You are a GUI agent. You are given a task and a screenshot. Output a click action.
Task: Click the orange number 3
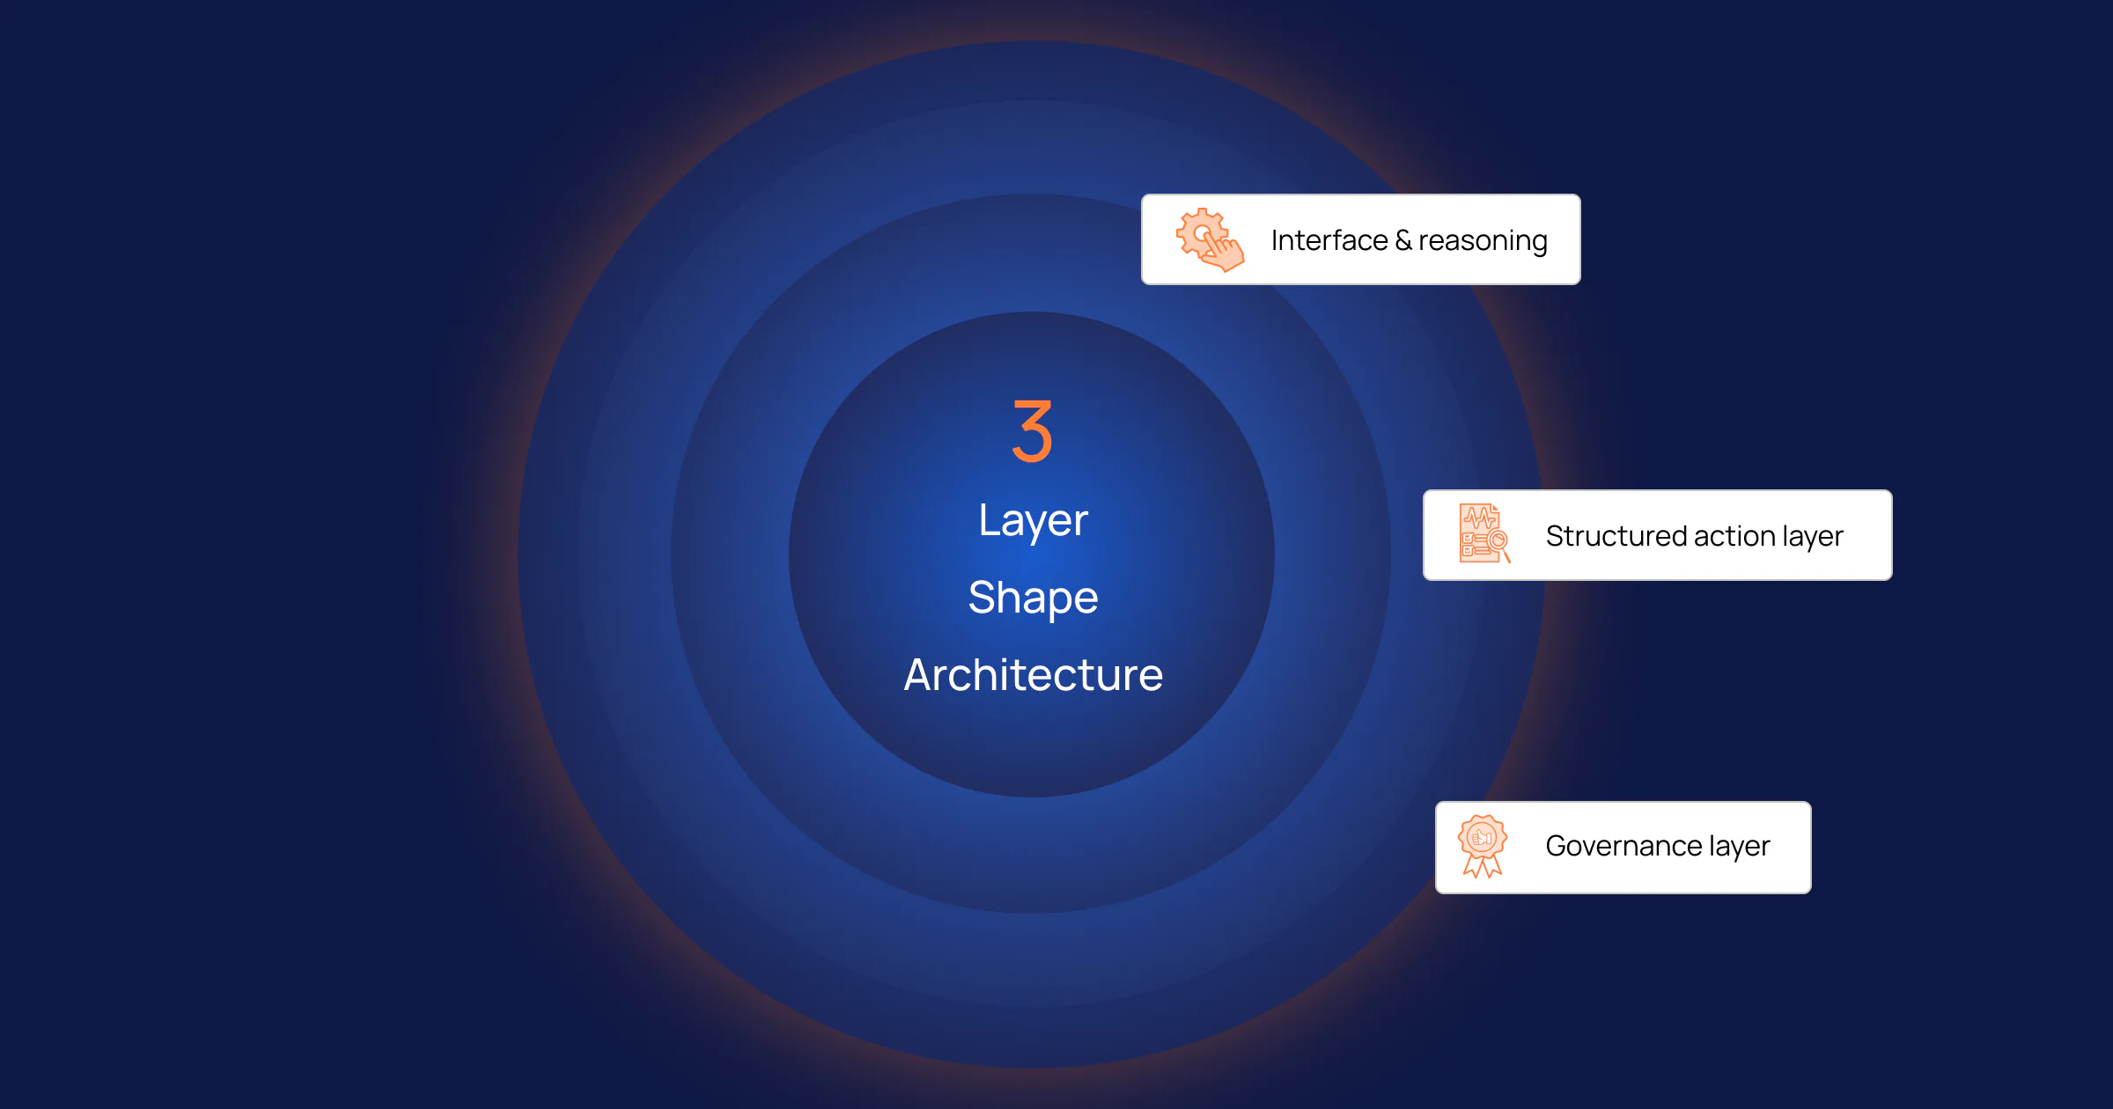1033,431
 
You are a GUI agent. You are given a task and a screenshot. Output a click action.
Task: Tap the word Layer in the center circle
1034,521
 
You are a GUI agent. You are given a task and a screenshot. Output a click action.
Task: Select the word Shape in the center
1034,599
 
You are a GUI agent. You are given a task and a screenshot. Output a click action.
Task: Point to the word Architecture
1034,675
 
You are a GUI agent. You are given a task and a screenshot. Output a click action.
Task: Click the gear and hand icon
1211,239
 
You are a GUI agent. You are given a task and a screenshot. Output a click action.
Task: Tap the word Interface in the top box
1329,240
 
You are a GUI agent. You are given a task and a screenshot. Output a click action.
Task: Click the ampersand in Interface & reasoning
1403,240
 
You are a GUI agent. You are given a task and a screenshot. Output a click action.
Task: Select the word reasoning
1484,241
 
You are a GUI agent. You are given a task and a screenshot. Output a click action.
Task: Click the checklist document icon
1485,533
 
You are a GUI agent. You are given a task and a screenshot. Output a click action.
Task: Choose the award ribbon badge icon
1483,846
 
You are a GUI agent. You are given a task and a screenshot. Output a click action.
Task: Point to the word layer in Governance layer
1740,847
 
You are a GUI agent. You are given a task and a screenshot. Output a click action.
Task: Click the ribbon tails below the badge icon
1483,866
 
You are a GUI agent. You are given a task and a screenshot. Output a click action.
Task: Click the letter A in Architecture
920,675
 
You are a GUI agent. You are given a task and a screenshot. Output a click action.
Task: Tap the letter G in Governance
1559,846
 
